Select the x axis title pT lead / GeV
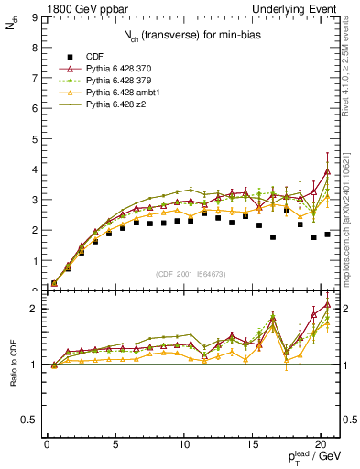tap(311, 458)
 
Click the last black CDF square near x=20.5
tap(327, 234)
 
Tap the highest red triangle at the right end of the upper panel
tap(327, 171)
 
